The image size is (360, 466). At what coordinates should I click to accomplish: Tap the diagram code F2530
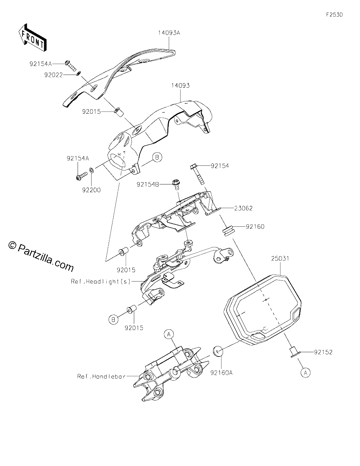click(x=334, y=15)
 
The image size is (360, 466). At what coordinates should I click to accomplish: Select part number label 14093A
click(x=169, y=33)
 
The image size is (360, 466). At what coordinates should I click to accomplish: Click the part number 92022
click(x=54, y=75)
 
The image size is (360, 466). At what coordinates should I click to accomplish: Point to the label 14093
click(x=180, y=85)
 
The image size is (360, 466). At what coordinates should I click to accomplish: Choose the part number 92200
click(x=91, y=190)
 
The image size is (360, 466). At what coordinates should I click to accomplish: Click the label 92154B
click(x=148, y=184)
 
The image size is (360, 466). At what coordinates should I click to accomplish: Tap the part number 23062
click(x=243, y=208)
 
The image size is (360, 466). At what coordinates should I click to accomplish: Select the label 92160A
click(x=222, y=373)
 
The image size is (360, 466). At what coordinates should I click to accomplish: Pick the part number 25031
click(x=280, y=259)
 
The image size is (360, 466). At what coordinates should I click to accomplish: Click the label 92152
click(x=324, y=352)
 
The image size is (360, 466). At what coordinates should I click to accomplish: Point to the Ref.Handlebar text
click(x=101, y=376)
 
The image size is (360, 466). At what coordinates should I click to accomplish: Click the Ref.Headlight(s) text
click(x=100, y=282)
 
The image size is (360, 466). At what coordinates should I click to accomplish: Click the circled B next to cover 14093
click(x=157, y=158)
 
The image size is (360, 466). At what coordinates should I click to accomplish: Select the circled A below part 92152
click(x=306, y=372)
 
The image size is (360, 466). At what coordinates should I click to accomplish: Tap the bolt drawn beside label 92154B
click(x=176, y=184)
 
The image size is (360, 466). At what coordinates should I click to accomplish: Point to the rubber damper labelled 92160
click(x=228, y=231)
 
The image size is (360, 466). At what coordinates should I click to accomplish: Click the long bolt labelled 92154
click(x=197, y=174)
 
